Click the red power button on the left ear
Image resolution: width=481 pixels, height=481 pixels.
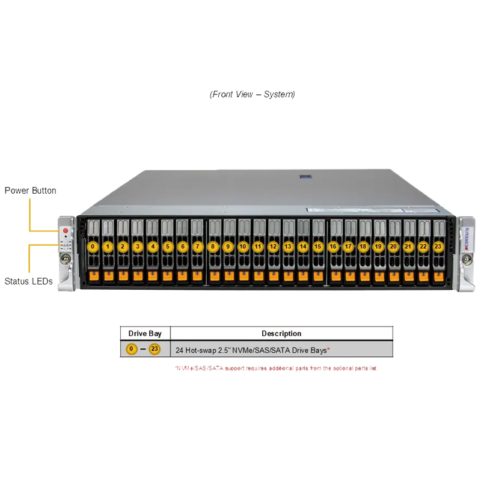65,230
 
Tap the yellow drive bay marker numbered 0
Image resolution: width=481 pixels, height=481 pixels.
93,247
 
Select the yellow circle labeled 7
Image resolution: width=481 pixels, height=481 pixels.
198,247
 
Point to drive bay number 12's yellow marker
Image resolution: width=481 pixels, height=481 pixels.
273,247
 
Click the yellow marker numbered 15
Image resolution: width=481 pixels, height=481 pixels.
318,247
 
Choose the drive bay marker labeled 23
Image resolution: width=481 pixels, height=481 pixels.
438,247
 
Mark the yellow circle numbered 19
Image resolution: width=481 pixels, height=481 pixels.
378,247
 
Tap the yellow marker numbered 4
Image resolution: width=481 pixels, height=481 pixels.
153,247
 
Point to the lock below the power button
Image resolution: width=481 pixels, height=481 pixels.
65,259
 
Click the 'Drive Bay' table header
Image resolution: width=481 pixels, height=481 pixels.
146,333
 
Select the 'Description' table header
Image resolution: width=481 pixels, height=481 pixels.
281,333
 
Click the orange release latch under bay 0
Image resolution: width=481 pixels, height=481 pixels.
93,276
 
